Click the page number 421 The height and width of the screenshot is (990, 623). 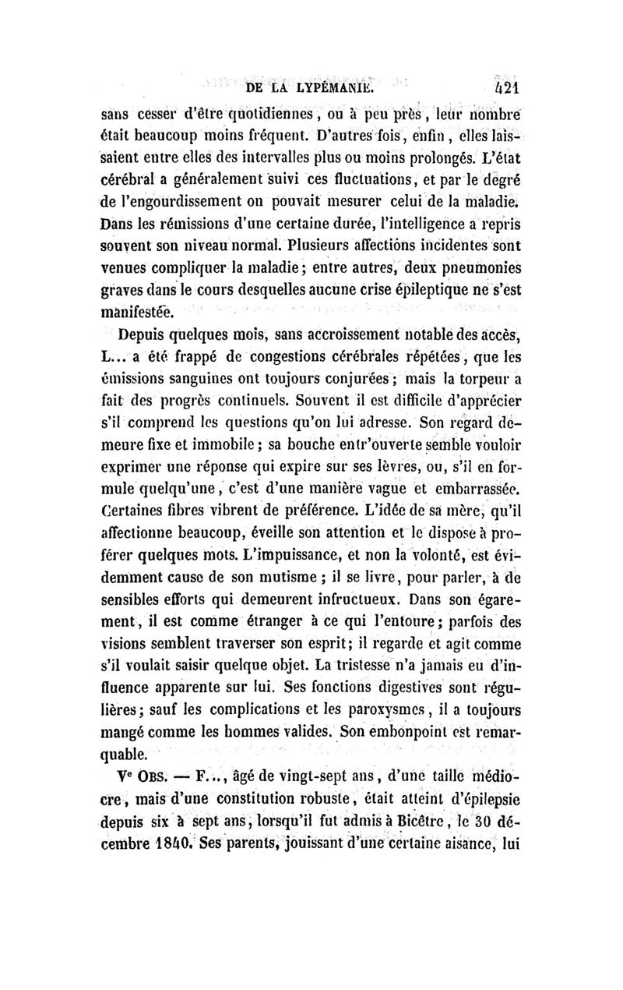point(503,87)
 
